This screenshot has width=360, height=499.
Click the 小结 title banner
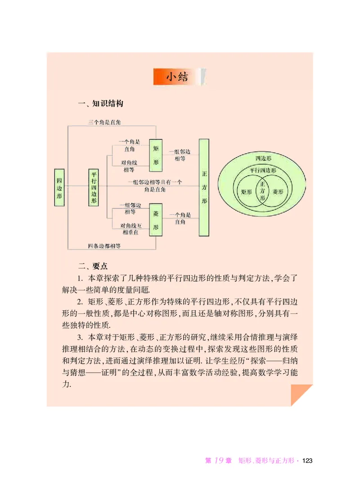(x=180, y=77)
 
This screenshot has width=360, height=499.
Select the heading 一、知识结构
(x=100, y=104)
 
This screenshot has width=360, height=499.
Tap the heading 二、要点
(x=93, y=266)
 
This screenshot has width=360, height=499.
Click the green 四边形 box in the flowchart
(x=60, y=187)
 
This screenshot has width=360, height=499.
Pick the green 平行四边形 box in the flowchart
(x=94, y=187)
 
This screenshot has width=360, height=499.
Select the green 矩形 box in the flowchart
(x=155, y=155)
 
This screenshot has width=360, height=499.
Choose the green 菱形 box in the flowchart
(x=155, y=221)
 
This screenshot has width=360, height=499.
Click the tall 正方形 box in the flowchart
(x=204, y=187)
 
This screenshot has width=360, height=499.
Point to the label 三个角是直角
(x=104, y=122)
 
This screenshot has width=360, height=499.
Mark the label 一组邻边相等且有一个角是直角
(x=154, y=186)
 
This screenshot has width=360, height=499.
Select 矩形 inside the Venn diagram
(x=247, y=191)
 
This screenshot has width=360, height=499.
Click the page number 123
(x=307, y=461)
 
